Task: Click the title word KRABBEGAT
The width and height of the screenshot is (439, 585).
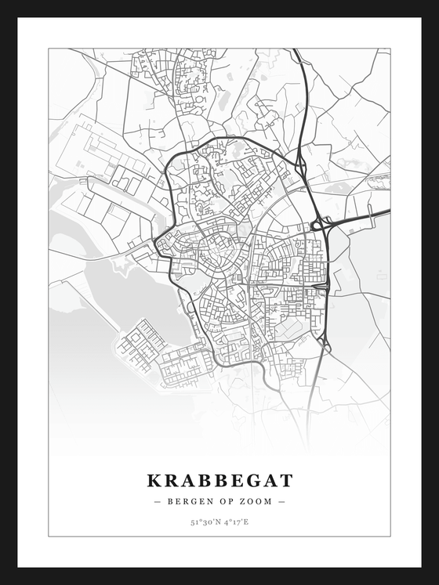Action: (x=219, y=480)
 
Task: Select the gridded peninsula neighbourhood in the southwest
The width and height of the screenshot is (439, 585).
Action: (x=141, y=345)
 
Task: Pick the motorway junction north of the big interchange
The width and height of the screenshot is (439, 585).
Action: (x=300, y=164)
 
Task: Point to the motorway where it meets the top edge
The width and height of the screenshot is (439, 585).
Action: (x=296, y=51)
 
